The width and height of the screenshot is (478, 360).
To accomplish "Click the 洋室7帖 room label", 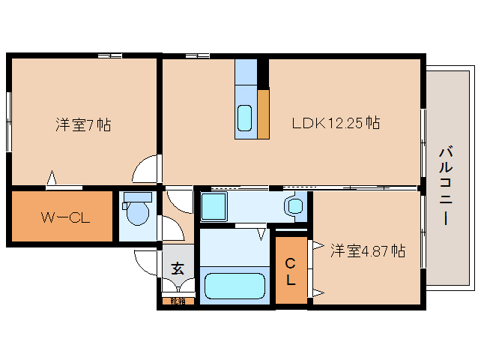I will (x=82, y=125).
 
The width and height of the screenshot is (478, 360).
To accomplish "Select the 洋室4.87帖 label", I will (x=368, y=251).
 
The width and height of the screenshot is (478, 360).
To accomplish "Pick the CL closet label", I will (x=291, y=271).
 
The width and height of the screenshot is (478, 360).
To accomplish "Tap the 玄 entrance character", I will (x=178, y=268).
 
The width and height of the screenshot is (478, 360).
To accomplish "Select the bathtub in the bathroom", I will (x=235, y=286).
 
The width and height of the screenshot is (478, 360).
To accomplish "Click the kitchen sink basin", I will (x=245, y=118).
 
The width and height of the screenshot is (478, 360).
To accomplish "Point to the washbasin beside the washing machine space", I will (x=294, y=205).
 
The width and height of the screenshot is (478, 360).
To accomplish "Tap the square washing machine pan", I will (x=215, y=205).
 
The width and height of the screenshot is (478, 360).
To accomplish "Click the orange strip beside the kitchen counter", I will (x=263, y=114).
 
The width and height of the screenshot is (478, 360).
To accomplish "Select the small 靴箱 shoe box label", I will (x=178, y=301).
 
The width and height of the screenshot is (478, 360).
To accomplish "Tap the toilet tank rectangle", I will (x=137, y=197).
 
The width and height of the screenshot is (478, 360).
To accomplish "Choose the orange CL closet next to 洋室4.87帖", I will (x=291, y=270).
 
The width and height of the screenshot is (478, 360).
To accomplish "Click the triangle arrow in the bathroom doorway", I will (x=261, y=235).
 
